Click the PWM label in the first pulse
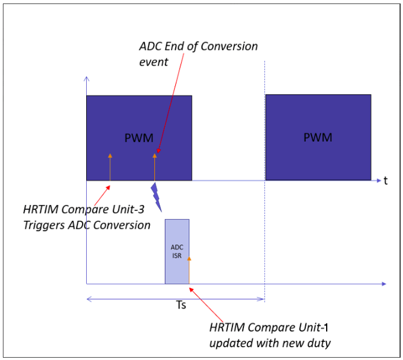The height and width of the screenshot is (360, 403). click(x=139, y=138)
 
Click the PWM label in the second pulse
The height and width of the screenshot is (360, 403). click(x=318, y=138)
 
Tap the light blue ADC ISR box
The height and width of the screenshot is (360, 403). click(x=177, y=251)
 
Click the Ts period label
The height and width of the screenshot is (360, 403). click(x=181, y=306)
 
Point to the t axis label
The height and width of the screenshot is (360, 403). click(x=385, y=180)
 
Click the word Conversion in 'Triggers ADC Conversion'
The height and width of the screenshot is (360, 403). click(x=121, y=225)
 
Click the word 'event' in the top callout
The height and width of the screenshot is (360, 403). click(x=154, y=61)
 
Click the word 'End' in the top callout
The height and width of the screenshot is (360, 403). click(x=174, y=46)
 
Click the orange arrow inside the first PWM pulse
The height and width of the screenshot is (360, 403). click(x=110, y=167)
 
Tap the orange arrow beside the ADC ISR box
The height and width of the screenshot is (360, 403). click(x=189, y=270)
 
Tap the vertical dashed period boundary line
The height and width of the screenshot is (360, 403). click(x=265, y=173)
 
